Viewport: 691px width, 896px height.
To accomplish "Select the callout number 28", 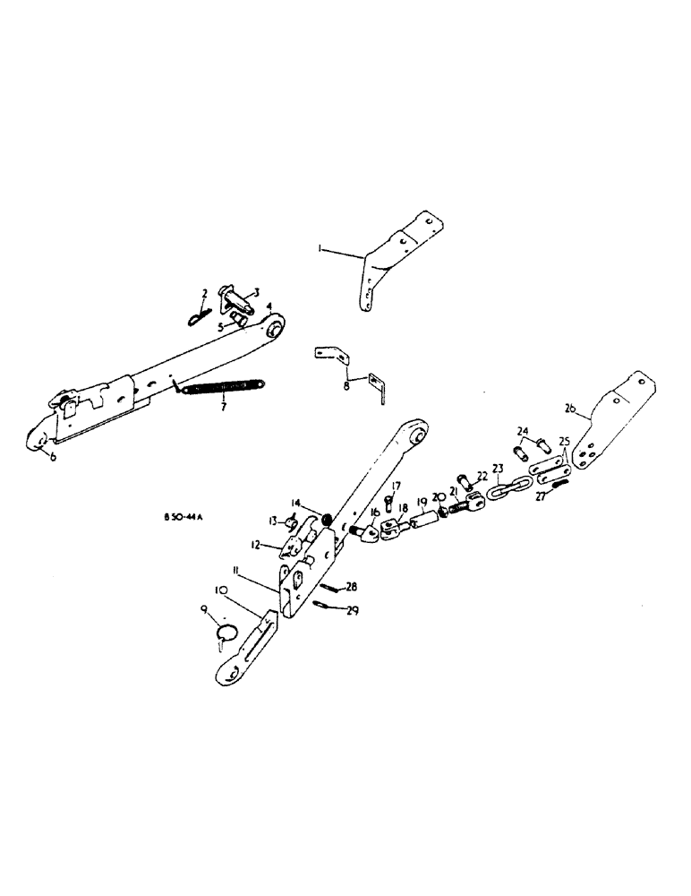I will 352,587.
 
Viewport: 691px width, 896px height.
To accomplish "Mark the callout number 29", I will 354,610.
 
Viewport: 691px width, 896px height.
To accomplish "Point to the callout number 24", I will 523,429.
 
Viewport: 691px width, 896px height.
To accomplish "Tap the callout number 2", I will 204,293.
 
